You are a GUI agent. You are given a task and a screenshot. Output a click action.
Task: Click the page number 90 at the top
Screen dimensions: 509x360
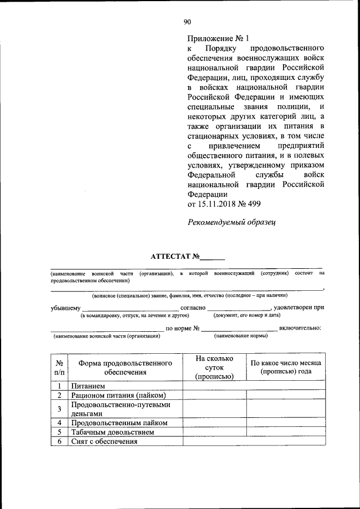pos(187,22)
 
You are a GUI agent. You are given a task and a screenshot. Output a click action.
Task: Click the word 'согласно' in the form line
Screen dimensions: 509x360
pos(192,308)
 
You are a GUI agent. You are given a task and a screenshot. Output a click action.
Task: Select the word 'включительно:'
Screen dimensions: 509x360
pos(300,327)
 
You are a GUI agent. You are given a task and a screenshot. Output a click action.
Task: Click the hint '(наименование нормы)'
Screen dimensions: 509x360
pos(241,336)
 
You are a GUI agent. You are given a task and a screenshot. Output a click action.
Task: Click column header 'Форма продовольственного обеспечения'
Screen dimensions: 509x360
pos(125,367)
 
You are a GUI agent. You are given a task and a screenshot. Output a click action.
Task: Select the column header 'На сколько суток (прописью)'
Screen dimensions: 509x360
pos(213,367)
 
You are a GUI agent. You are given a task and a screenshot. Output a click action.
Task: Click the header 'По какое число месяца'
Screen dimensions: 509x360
pos(285,363)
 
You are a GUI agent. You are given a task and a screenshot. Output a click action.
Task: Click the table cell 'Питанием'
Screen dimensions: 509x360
pos(88,386)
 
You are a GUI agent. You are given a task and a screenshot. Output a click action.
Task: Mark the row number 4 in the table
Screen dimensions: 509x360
pos(59,422)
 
